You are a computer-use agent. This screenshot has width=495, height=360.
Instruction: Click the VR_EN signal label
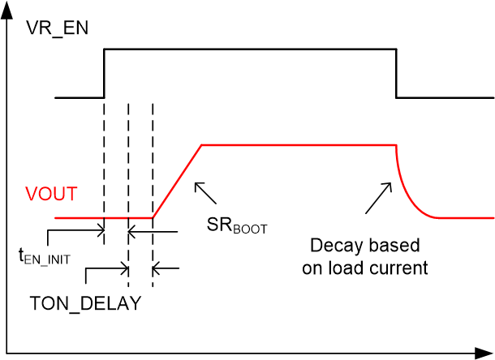(58, 29)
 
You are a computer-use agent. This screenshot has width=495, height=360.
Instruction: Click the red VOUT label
(51, 195)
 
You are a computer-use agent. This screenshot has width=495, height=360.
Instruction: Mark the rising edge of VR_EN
(104, 73)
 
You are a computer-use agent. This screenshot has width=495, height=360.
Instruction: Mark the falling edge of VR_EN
(396, 73)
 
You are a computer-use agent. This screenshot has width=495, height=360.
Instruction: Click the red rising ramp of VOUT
(177, 181)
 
